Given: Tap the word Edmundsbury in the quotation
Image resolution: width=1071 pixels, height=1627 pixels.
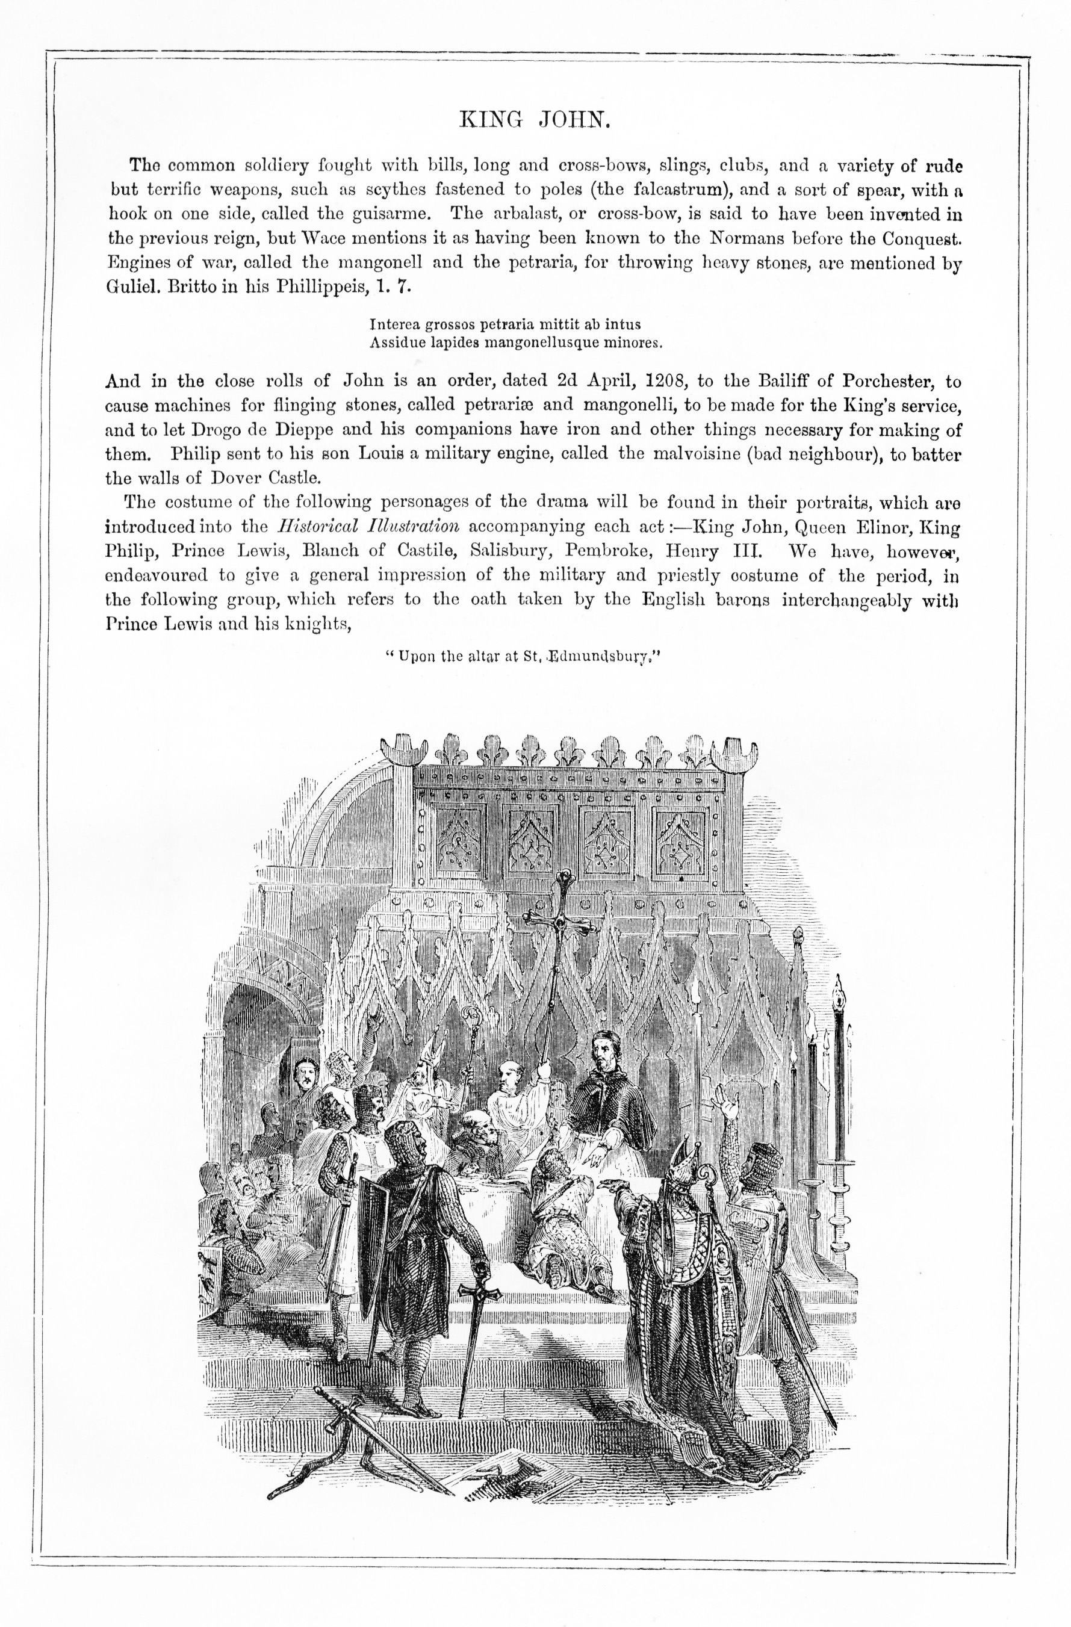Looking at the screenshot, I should (595, 657).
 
